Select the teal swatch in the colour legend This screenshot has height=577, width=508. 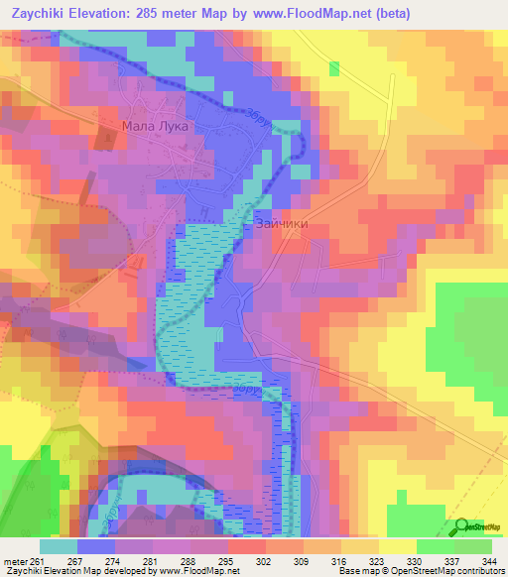(x=59, y=546)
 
